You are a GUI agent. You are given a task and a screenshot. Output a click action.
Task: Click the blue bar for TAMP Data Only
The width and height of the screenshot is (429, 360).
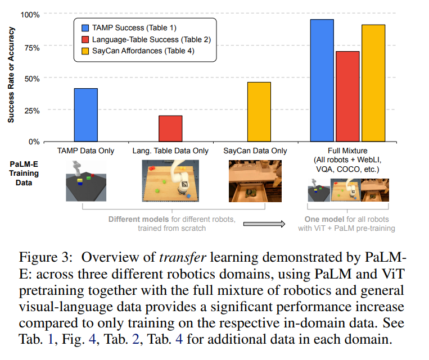pos(85,115)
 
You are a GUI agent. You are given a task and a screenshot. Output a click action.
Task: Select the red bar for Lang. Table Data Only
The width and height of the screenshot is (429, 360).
pos(170,129)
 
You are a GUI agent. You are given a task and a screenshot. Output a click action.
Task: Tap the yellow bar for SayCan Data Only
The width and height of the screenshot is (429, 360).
pos(259,112)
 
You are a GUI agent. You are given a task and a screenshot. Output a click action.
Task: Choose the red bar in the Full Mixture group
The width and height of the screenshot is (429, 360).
pos(347,96)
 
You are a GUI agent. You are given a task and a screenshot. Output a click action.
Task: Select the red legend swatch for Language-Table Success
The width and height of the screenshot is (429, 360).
pos(84,39)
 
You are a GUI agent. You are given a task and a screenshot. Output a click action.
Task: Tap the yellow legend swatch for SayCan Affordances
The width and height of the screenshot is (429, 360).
pos(84,52)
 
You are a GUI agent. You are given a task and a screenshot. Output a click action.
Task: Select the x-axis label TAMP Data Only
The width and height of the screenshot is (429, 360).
pos(85,151)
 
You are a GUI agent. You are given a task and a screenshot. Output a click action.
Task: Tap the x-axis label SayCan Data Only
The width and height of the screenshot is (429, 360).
pos(255,151)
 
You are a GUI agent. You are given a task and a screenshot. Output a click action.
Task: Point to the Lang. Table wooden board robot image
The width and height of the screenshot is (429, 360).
pos(170,181)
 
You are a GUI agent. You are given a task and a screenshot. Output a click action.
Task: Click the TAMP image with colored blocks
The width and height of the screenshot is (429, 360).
pos(85,180)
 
